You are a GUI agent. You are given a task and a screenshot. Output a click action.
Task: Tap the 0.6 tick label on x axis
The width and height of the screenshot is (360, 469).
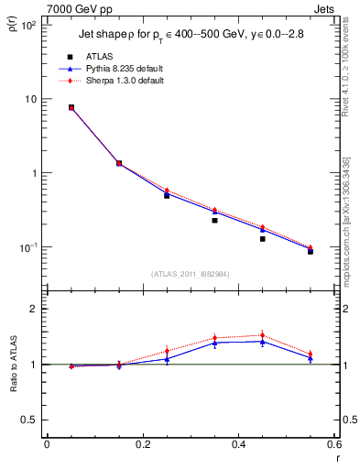tap(334, 446)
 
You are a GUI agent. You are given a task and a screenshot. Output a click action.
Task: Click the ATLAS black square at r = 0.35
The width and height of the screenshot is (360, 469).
tap(214, 220)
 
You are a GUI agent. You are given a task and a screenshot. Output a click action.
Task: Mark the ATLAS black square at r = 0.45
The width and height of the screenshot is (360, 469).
tap(262, 239)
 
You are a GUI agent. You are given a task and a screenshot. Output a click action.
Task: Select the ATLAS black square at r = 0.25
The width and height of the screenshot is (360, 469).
tap(167, 195)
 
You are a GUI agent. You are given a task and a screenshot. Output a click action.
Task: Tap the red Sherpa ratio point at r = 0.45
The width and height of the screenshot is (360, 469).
tap(262, 335)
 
